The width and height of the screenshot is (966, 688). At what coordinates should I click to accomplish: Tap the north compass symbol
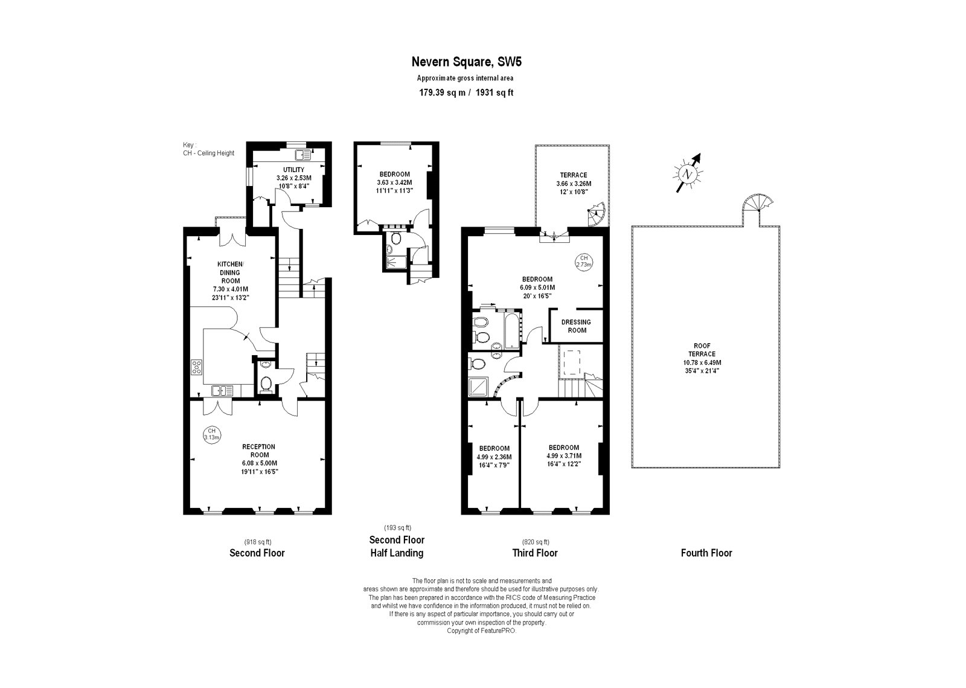(x=687, y=174)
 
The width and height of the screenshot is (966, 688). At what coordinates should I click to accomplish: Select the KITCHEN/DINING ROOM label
(x=231, y=272)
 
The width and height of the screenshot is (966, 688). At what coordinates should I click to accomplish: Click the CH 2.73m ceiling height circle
(x=583, y=261)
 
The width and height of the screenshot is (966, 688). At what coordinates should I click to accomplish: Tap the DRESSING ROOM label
(x=577, y=326)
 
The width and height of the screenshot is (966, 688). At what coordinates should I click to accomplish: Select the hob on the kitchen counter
(x=197, y=366)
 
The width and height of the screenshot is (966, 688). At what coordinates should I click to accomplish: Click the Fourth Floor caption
(x=706, y=553)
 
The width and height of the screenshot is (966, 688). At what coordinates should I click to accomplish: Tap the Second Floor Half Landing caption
(x=397, y=546)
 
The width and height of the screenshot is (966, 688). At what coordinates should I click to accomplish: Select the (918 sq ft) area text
(x=257, y=542)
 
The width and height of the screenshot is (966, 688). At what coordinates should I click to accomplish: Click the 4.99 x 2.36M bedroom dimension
(x=494, y=457)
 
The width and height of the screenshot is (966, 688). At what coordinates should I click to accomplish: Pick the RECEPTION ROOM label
(x=258, y=451)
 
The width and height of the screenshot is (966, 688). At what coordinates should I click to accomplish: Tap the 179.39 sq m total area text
(x=443, y=93)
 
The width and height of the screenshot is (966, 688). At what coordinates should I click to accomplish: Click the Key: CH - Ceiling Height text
(x=208, y=149)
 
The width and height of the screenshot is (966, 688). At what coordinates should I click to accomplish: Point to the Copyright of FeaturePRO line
(x=482, y=631)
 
